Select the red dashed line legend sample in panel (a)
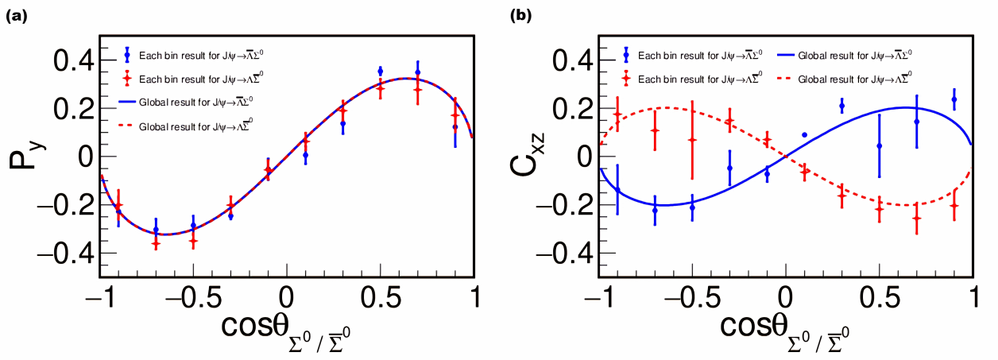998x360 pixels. point(127,126)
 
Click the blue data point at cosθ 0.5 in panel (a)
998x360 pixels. point(381,72)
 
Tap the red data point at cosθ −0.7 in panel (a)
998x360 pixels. point(156,243)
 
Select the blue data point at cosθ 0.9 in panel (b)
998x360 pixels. point(954,99)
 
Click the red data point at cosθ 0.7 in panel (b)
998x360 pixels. point(916,219)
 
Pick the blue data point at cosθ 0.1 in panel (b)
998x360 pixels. point(804,135)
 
